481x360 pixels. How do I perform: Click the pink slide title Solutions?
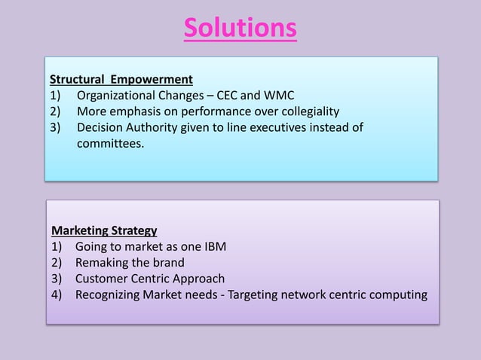pyautogui.click(x=240, y=28)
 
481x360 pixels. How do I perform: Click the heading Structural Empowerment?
pyautogui.click(x=121, y=79)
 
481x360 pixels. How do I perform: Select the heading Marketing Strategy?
pyautogui.click(x=104, y=230)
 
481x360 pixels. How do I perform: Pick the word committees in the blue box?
pyautogui.click(x=109, y=142)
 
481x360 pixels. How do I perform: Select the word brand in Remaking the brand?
pyautogui.click(x=169, y=262)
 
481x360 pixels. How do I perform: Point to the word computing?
pyautogui.click(x=398, y=294)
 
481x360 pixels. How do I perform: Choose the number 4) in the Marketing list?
pyautogui.click(x=57, y=294)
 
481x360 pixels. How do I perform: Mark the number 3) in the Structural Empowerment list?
pyautogui.click(x=56, y=127)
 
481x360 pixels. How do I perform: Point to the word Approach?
pyautogui.click(x=199, y=278)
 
